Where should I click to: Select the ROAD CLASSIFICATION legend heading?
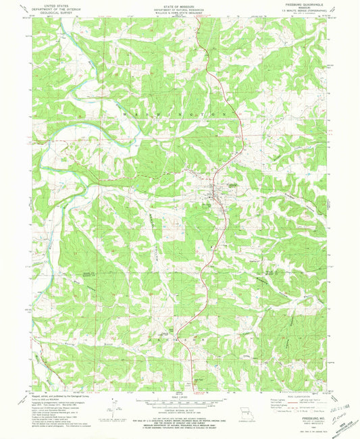coord(297,396)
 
